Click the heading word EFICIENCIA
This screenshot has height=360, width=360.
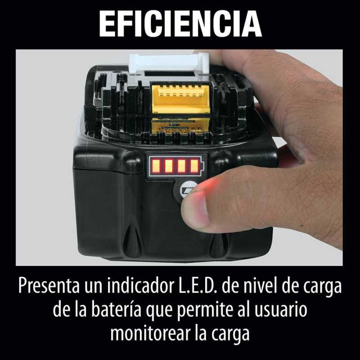point(180,24)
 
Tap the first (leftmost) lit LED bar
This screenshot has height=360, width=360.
point(156,166)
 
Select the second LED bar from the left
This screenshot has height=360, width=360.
point(168,166)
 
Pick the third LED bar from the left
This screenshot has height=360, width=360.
point(181,166)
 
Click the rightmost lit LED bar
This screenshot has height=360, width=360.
point(194,166)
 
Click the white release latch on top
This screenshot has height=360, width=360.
point(169,63)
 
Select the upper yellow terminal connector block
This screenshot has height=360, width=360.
point(180,98)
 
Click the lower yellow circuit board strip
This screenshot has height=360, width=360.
point(181,126)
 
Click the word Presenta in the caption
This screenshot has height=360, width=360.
point(49,286)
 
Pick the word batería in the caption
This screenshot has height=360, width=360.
point(117,310)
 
